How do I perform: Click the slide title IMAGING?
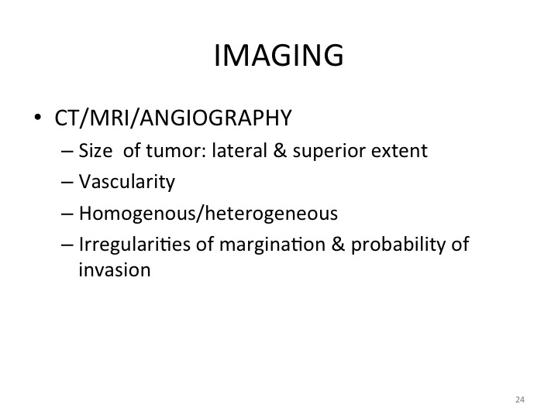pos(279,55)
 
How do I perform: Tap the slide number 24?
pos(519,399)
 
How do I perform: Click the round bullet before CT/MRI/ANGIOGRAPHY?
pos(37,117)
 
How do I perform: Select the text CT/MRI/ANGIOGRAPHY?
pos(173,118)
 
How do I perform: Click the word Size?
pos(95,150)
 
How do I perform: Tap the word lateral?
pos(239,150)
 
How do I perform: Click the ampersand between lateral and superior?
pos(280,150)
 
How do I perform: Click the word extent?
pos(399,151)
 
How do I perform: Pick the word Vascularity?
pos(126,182)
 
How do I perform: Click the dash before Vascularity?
pos(67,183)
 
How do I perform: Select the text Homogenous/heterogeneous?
pos(208,214)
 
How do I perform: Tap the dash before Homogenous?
pos(67,214)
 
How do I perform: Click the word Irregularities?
pos(134,245)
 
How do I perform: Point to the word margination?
pos(272,245)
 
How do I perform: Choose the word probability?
pos(398,245)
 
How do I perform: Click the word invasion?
pos(115,270)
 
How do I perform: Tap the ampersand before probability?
pos(338,245)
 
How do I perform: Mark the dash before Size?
pos(67,151)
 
